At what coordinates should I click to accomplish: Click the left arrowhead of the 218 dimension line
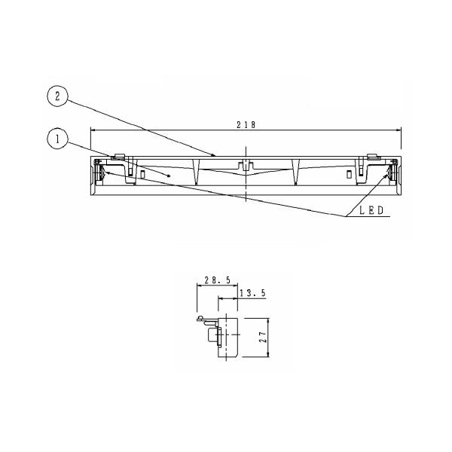tap(93, 130)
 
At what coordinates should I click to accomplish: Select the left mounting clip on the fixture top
tap(119, 158)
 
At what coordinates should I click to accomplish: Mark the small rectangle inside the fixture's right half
tap(349, 174)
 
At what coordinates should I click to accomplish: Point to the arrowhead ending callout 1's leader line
tap(172, 176)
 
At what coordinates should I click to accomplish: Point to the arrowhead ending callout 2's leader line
tap(215, 156)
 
